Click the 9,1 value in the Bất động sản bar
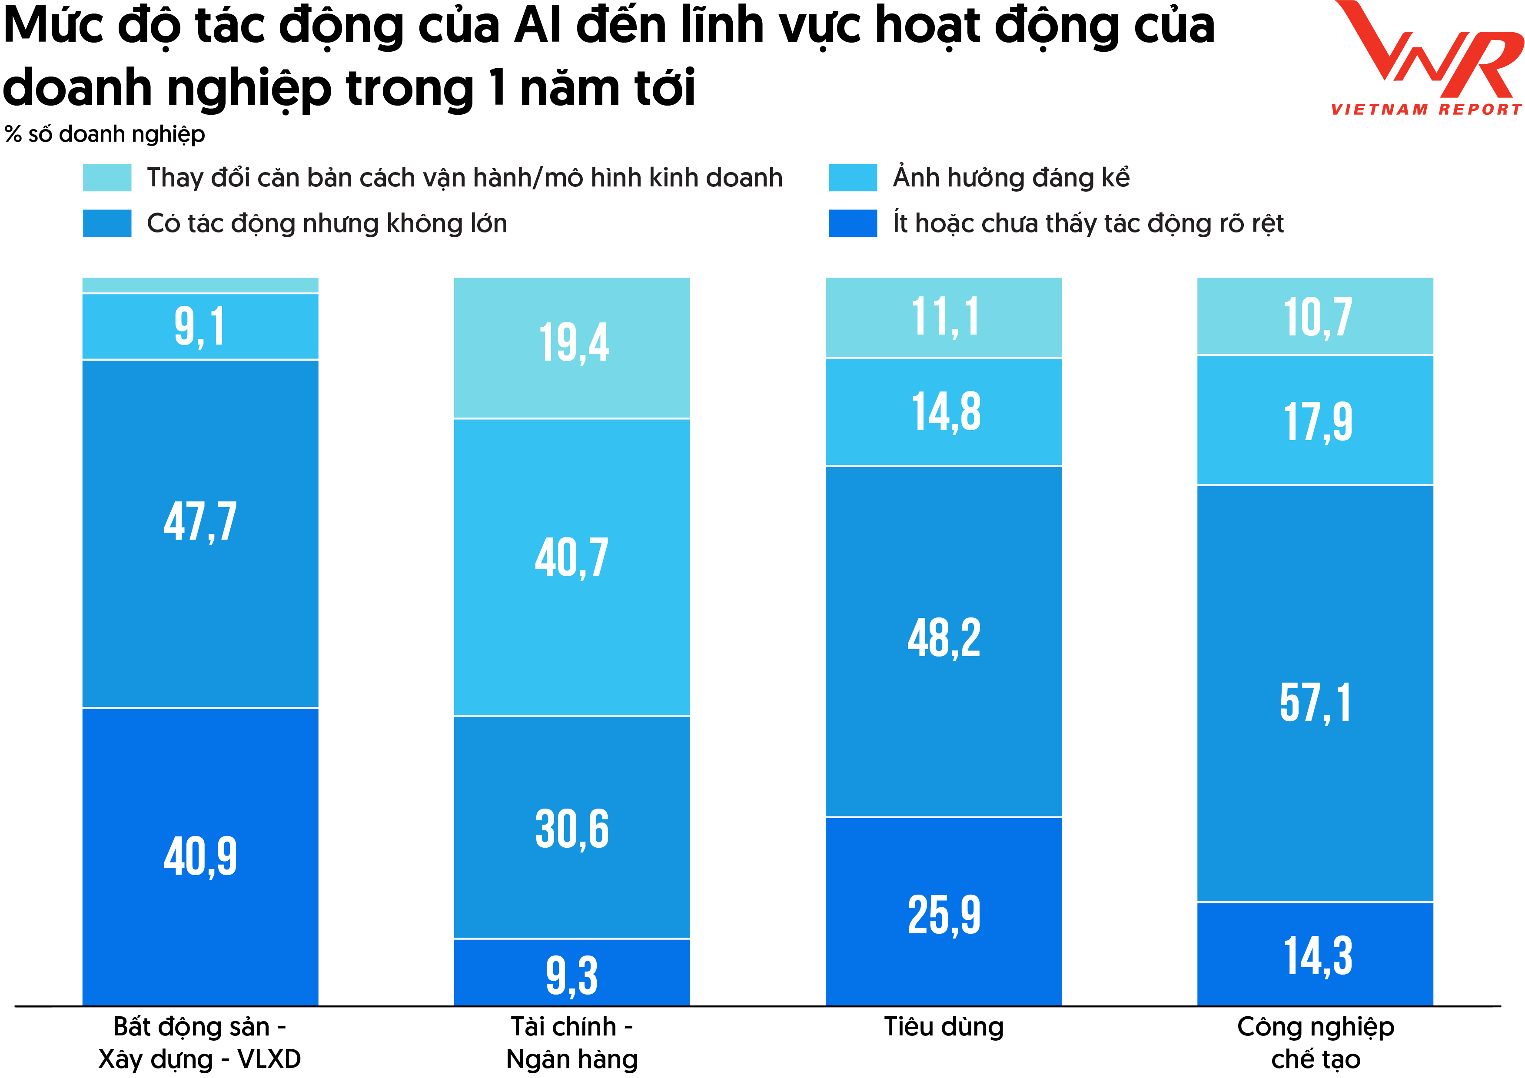coord(200,327)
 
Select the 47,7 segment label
coord(200,522)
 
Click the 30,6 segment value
coord(572,829)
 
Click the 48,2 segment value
coord(944,638)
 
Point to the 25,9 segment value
coord(944,915)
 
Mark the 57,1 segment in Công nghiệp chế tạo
coord(1315,703)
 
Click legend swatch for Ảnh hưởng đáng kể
coord(852,177)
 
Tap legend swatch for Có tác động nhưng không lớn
coord(107,223)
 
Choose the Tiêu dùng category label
coord(944,1027)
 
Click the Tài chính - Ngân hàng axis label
coord(572,1043)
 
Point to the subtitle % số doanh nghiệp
coord(105,134)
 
